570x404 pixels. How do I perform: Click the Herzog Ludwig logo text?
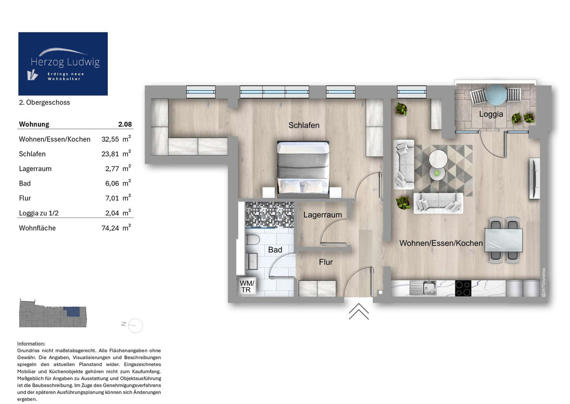point(65,62)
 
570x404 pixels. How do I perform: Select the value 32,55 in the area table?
point(110,139)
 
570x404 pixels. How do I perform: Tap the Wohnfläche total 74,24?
point(110,228)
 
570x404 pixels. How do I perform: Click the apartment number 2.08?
point(125,124)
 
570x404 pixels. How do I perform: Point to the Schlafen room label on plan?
point(304,125)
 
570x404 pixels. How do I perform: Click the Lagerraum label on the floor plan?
point(323,215)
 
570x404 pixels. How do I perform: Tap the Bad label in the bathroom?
point(275,249)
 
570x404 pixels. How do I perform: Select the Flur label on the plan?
point(326,262)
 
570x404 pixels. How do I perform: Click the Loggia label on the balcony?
point(491,114)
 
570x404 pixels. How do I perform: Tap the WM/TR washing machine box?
point(247,286)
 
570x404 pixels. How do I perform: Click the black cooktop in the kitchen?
point(463,288)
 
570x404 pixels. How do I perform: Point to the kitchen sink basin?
point(429,288)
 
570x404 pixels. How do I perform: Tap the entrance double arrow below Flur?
point(359,311)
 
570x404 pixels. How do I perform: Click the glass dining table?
point(503,240)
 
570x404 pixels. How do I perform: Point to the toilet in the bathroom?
point(252,240)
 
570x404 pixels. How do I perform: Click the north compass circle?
point(135,325)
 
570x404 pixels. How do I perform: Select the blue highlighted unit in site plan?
point(72,312)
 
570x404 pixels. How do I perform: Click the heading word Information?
point(31,344)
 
